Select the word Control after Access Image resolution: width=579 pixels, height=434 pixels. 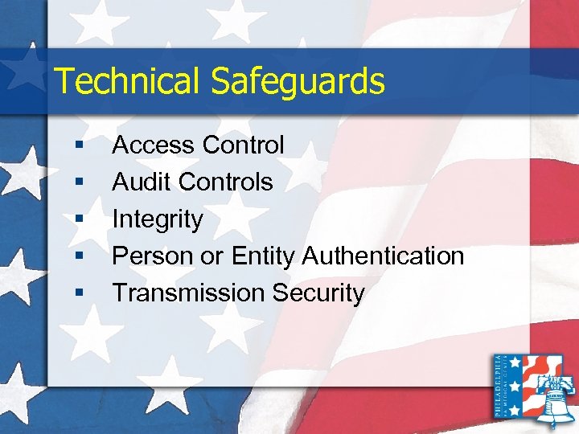tap(243, 145)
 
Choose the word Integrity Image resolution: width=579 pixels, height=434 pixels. tap(157, 219)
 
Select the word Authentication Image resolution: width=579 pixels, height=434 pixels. tap(384, 256)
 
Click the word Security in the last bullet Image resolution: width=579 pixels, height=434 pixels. tap(318, 293)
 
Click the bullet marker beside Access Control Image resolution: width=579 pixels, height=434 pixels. tap(78, 145)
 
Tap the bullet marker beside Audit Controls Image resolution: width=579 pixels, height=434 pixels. tap(78, 182)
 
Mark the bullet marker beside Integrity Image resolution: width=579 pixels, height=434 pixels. tap(78, 219)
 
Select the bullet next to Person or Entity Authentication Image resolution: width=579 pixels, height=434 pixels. tap(78, 256)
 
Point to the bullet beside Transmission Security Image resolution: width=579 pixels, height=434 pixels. tap(78, 293)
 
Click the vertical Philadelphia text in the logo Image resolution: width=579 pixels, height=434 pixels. tap(502, 386)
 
